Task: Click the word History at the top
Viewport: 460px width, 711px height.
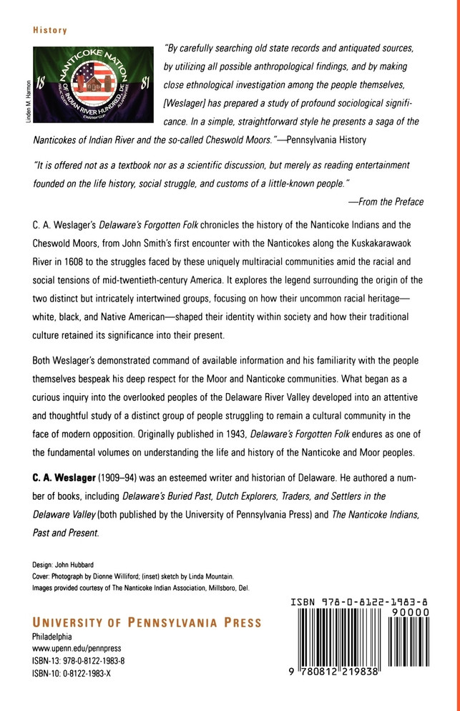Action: (50, 31)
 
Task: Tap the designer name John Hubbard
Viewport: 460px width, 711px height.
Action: (82, 565)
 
